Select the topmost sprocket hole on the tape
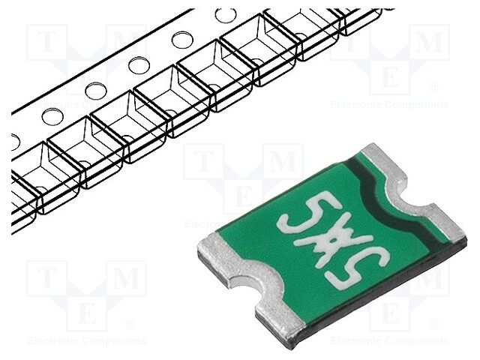click(x=224, y=15)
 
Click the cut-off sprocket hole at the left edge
click(x=15, y=139)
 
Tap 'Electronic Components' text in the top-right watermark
click(x=389, y=105)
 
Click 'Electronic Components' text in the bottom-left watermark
click(x=86, y=340)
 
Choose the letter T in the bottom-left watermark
click(x=46, y=278)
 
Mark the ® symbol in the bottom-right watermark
click(x=433, y=323)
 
